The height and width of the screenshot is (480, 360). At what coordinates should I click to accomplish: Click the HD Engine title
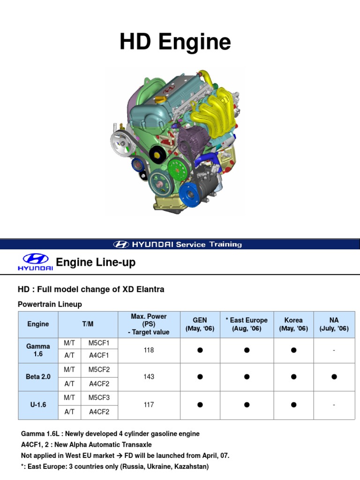175,42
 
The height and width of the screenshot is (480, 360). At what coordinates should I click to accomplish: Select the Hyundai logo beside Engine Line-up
35,262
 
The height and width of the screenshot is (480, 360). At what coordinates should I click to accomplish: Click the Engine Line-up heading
96,262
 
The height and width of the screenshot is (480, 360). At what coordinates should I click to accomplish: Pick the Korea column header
293,324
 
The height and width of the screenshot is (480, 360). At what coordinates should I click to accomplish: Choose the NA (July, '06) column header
334,324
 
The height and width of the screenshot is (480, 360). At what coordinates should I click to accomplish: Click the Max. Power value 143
149,376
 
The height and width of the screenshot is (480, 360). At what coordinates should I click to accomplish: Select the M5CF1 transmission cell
98,344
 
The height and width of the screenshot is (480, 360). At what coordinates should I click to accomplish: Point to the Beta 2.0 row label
38,376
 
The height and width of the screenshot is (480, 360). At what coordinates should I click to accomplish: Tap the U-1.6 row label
38,404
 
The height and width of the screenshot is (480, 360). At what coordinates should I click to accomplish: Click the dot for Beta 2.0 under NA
334,376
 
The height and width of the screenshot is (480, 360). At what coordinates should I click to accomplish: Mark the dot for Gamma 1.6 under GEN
200,350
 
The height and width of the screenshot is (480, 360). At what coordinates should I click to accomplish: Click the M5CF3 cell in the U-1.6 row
98,397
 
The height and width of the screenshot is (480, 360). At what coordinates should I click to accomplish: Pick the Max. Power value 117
149,404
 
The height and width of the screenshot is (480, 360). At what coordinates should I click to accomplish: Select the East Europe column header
247,324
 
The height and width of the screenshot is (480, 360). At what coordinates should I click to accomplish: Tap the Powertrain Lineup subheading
50,304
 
